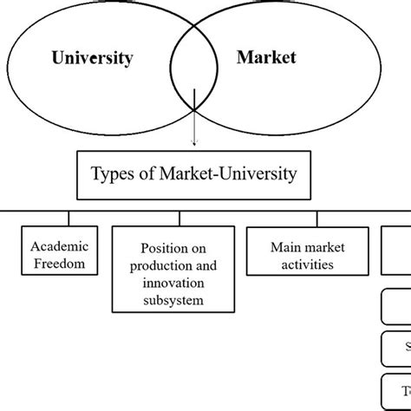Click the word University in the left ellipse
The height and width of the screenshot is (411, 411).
click(92, 59)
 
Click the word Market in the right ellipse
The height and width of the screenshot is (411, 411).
click(266, 58)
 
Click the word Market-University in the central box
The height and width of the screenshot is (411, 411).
click(228, 173)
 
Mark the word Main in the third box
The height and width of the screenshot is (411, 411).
click(285, 248)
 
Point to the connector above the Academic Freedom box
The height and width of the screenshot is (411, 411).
click(69, 218)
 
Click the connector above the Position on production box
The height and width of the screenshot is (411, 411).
click(179, 218)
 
